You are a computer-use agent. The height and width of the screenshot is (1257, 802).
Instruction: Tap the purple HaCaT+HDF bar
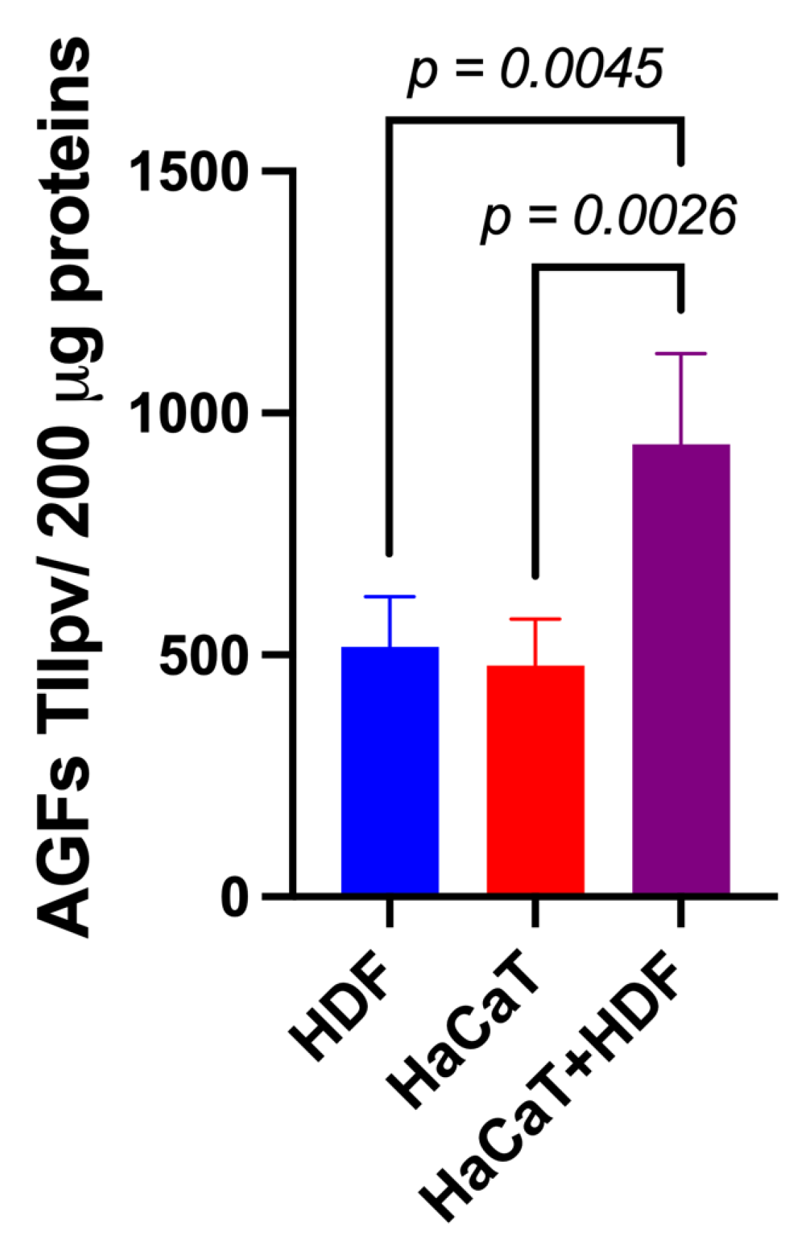[681, 668]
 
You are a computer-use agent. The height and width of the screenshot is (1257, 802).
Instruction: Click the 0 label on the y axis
[234, 897]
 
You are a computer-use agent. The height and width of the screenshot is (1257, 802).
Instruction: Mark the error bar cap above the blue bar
[389, 597]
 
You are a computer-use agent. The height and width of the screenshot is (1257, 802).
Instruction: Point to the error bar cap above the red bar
[535, 619]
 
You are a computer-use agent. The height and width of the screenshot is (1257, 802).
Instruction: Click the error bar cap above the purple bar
[681, 353]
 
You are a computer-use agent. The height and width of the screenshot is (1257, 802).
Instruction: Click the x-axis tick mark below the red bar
[535, 913]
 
